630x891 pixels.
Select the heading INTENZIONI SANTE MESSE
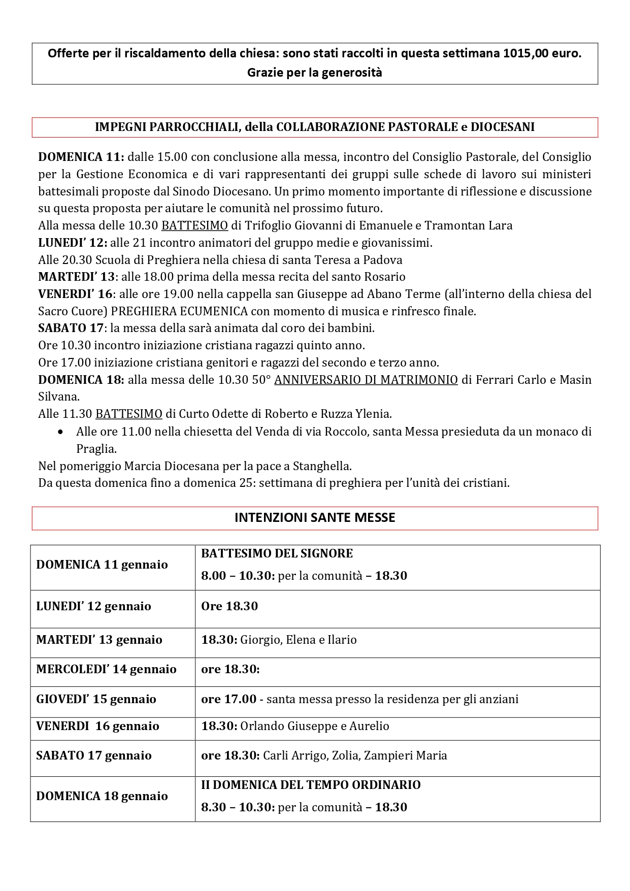[x=315, y=518]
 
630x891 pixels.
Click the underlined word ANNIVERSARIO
[x=314, y=380]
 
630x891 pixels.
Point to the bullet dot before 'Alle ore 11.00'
[x=61, y=432]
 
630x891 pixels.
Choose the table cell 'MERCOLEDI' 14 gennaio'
[x=106, y=669]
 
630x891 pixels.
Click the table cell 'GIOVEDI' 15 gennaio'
[x=96, y=699]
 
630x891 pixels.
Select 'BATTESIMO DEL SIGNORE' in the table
[x=277, y=553]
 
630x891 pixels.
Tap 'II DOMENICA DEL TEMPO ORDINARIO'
[x=311, y=785]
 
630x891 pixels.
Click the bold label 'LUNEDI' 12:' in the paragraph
[x=73, y=243]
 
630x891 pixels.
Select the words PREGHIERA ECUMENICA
[x=180, y=311]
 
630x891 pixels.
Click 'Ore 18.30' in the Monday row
[x=229, y=606]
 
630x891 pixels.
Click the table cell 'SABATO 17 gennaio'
[x=94, y=755]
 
